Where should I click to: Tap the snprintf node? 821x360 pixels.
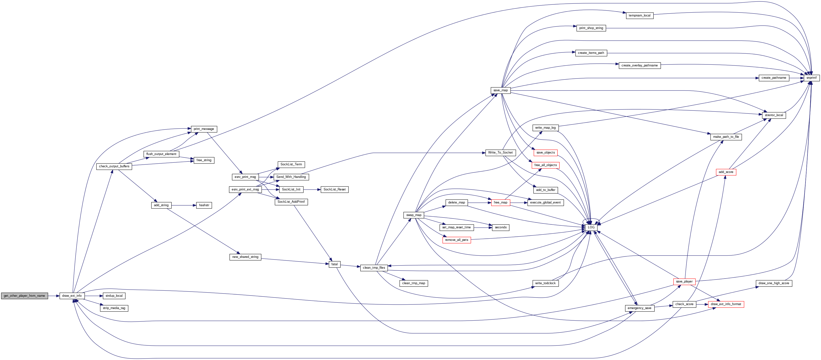pyautogui.click(x=811, y=78)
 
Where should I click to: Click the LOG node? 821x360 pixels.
pyautogui.click(x=591, y=227)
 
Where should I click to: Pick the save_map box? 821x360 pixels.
pyautogui.click(x=500, y=91)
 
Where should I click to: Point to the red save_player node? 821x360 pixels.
pyautogui.click(x=684, y=282)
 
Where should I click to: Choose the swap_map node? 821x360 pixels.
pyautogui.click(x=414, y=215)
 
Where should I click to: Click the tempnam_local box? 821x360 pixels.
pyautogui.click(x=640, y=15)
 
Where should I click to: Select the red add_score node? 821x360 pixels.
pyautogui.click(x=726, y=172)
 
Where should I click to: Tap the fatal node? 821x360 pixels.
pyautogui.click(x=334, y=264)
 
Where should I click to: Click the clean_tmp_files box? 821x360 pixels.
pyautogui.click(x=374, y=268)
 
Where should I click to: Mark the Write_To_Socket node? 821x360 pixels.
pyautogui.click(x=500, y=153)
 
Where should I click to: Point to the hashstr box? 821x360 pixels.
pyautogui.click(x=204, y=205)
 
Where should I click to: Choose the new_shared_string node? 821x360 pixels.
pyautogui.click(x=245, y=257)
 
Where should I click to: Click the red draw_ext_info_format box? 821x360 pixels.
pyautogui.click(x=726, y=304)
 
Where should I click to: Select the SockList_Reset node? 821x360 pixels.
pyautogui.click(x=334, y=189)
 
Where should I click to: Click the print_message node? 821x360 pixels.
pyautogui.click(x=204, y=129)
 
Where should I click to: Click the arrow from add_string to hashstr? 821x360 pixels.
pyautogui.click(x=184, y=205)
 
